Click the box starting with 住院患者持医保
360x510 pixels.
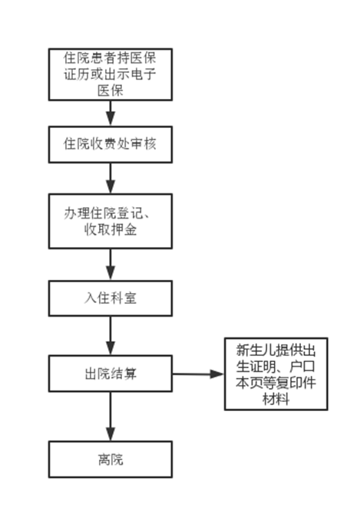tap(111, 74)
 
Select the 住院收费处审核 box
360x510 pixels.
tap(111, 144)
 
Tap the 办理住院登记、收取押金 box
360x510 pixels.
tap(111, 222)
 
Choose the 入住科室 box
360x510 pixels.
tap(111, 298)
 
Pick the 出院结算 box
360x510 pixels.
tap(111, 373)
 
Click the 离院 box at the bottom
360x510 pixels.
tap(111, 459)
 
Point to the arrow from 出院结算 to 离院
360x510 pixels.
tap(111, 416)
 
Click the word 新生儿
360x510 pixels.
tap(253, 348)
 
